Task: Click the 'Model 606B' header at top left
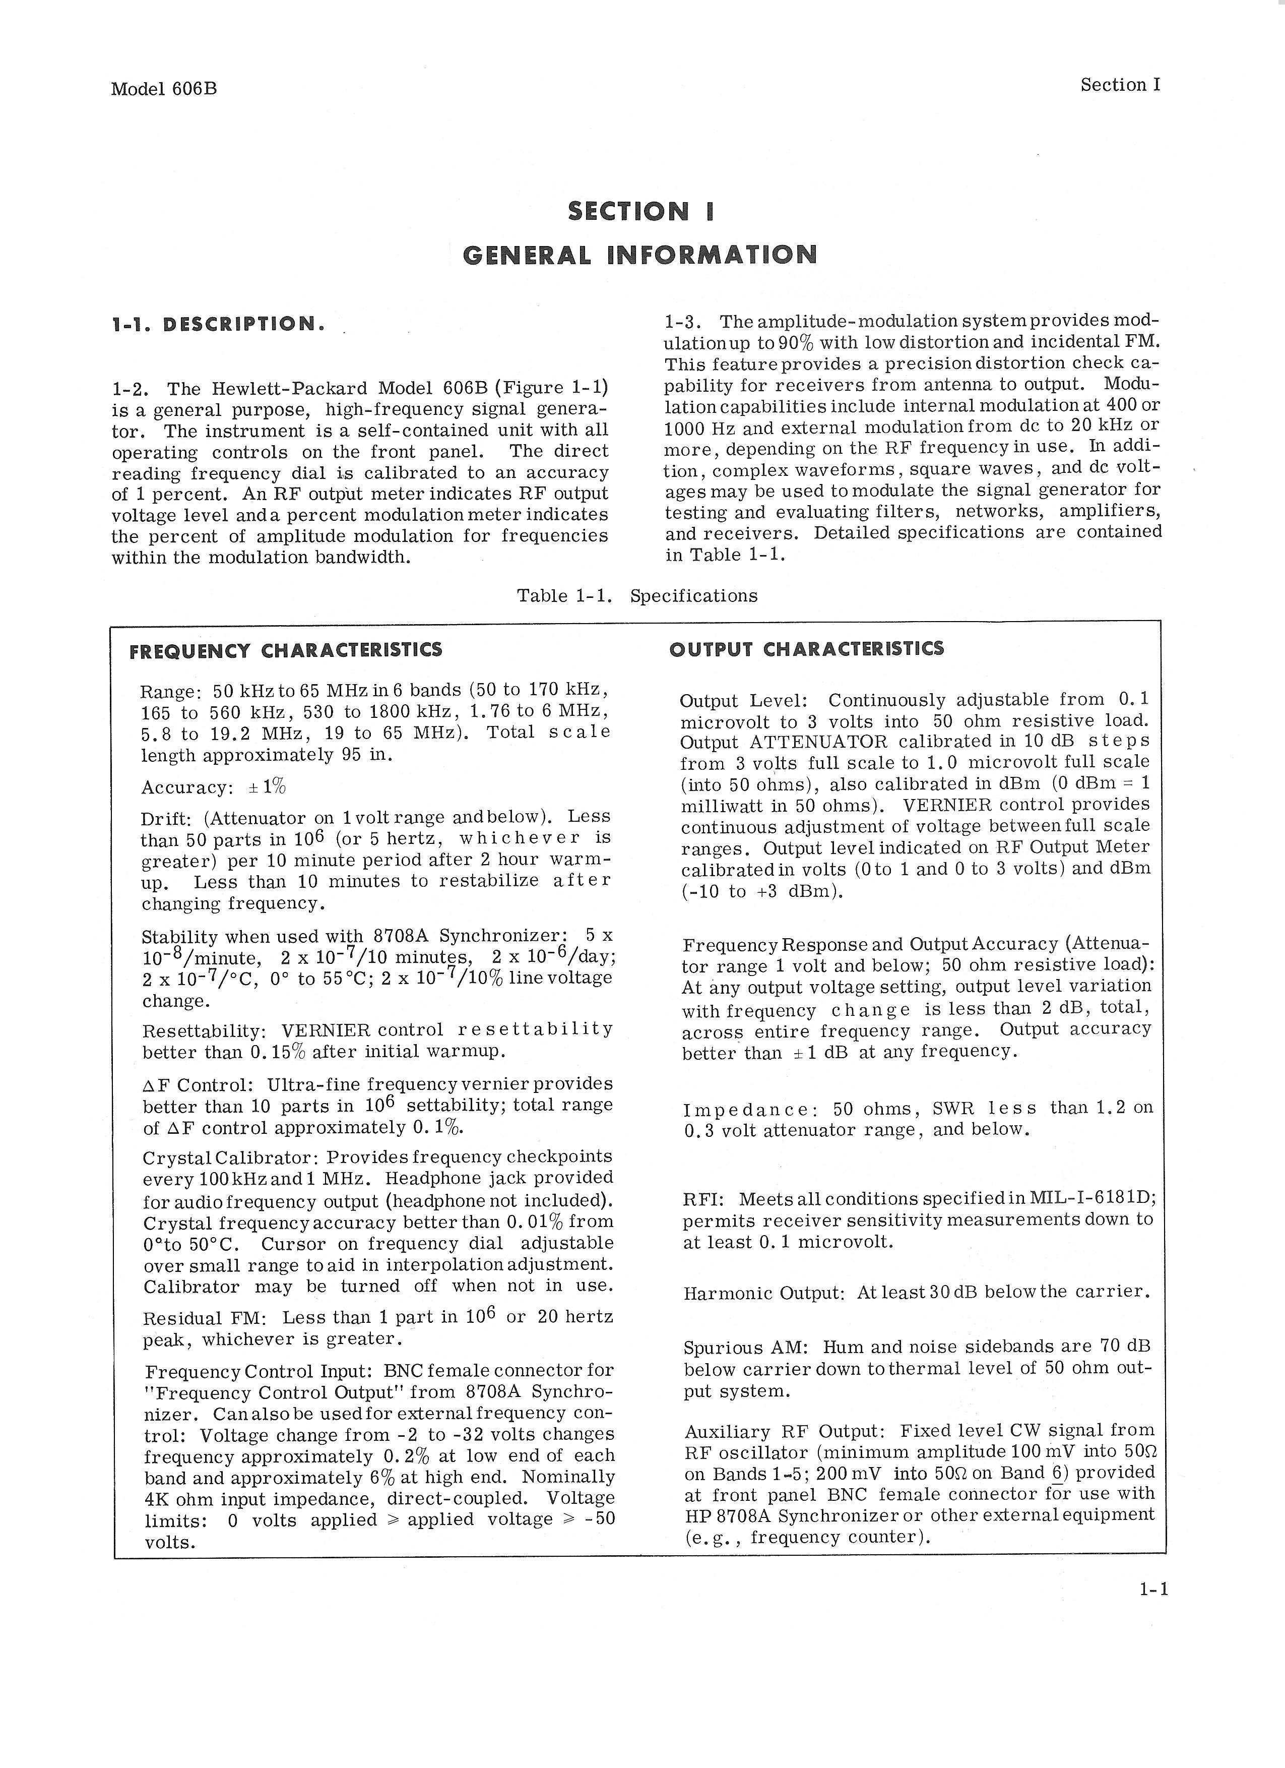[x=164, y=89]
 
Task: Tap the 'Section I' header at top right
[x=1120, y=85]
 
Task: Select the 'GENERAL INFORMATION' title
[x=640, y=255]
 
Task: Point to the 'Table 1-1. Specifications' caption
[x=636, y=595]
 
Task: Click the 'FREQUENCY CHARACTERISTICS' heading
[x=285, y=650]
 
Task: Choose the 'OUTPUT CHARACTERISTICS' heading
[x=807, y=649]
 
